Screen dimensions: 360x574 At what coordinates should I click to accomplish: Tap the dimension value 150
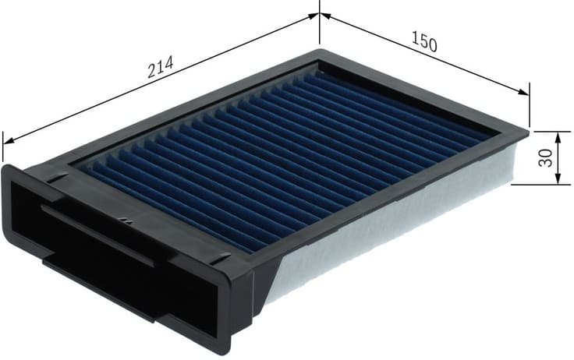423,43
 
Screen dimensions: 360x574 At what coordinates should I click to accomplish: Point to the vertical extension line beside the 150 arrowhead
530,109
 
